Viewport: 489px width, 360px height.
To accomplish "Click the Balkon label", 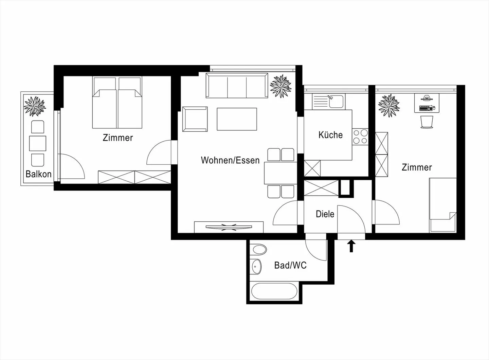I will pos(38,174).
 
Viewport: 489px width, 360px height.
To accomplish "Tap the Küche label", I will pos(330,135).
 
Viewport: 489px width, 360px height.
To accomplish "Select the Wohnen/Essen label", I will pos(230,160).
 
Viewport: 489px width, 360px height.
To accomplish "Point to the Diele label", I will pos(325,214).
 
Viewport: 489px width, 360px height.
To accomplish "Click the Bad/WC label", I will pos(290,265).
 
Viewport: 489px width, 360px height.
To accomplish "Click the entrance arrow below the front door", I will pos(351,246).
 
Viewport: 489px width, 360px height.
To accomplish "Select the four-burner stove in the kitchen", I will pos(360,137).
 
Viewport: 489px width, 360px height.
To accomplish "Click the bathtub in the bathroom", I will pos(274,291).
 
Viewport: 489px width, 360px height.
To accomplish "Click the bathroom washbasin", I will pos(256,267).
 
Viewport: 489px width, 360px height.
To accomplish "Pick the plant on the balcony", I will pos(35,106).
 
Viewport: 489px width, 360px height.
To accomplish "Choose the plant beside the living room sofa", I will pos(280,86).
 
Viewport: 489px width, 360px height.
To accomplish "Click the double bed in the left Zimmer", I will pos(117,104).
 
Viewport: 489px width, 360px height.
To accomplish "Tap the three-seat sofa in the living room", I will pos(236,86).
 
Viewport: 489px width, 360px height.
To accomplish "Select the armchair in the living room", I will pos(195,119).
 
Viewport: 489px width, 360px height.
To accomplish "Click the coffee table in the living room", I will pos(237,119).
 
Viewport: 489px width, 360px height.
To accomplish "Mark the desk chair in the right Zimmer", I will pos(427,122).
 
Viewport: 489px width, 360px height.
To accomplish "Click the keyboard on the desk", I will pos(426,108).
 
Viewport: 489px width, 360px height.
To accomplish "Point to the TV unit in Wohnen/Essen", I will pos(229,227).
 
